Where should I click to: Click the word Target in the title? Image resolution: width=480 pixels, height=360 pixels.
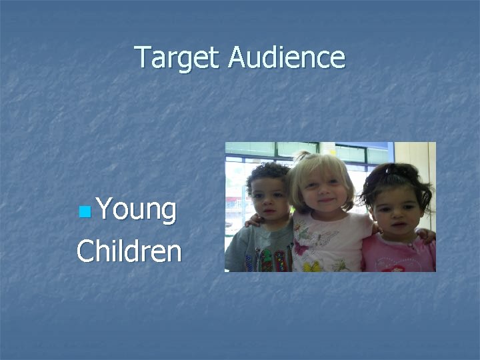(177, 57)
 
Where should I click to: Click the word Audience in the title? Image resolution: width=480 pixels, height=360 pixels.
(287, 57)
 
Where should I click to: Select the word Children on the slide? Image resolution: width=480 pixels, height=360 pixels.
(129, 252)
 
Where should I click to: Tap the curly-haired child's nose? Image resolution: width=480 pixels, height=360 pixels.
(269, 200)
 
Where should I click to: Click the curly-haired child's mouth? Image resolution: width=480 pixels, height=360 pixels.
(269, 211)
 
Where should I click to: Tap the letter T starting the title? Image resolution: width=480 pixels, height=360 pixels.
(141, 57)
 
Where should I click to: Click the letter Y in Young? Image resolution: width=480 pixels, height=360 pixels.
(104, 210)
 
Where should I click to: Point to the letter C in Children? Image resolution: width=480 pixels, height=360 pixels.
(85, 252)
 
